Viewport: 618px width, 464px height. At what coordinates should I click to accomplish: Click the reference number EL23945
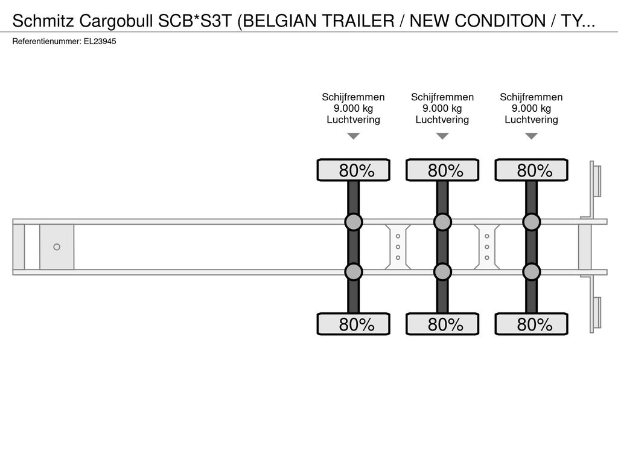tap(100, 42)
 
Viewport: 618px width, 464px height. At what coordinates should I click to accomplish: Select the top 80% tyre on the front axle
tap(354, 170)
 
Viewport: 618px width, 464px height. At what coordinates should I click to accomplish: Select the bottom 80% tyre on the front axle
tap(354, 324)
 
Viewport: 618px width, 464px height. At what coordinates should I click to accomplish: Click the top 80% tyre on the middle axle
tap(442, 170)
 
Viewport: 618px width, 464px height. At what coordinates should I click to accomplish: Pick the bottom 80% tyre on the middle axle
tap(442, 324)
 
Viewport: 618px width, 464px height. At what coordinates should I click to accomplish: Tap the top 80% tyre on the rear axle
tap(532, 170)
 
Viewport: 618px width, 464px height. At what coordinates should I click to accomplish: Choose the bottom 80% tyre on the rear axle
tap(532, 324)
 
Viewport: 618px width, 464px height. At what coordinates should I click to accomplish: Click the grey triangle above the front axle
tap(354, 136)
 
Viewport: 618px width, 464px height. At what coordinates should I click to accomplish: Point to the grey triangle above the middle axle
tap(442, 136)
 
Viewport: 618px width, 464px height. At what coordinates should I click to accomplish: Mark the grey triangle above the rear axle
tap(532, 136)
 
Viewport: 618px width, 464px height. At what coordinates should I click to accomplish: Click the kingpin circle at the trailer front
tap(57, 247)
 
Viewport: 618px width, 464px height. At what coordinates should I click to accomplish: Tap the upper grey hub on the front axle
tap(354, 222)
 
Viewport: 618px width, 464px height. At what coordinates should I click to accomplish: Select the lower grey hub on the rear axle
tap(532, 272)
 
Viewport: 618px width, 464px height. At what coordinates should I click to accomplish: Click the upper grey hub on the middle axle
tap(442, 222)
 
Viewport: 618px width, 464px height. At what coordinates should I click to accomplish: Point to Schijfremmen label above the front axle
tap(353, 97)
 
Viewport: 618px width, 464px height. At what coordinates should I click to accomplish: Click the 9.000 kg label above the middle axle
tap(442, 108)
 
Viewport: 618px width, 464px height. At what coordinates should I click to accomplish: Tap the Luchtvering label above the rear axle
tap(531, 120)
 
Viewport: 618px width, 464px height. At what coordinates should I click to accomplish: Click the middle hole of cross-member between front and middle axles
tap(398, 247)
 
